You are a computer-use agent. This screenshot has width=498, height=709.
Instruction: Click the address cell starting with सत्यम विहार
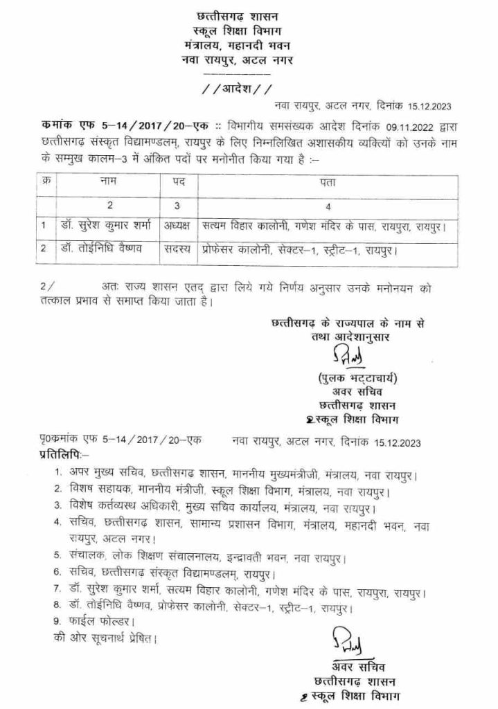pyautogui.click(x=323, y=225)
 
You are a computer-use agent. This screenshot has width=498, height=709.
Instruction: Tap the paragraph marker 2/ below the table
pyautogui.click(x=44, y=286)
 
